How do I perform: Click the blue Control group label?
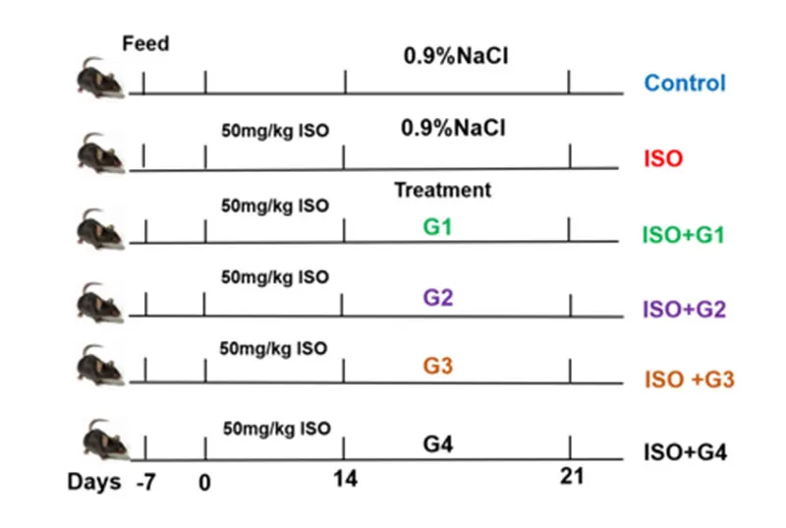tap(685, 84)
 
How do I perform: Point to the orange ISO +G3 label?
tap(689, 380)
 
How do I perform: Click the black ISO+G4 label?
tap(684, 453)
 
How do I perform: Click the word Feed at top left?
tap(145, 44)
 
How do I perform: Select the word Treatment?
tap(442, 190)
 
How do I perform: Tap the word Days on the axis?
tap(94, 482)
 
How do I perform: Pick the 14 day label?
tap(346, 481)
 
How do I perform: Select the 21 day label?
tap(571, 477)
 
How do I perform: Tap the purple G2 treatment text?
tap(438, 297)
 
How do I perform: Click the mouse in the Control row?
tap(99, 79)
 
